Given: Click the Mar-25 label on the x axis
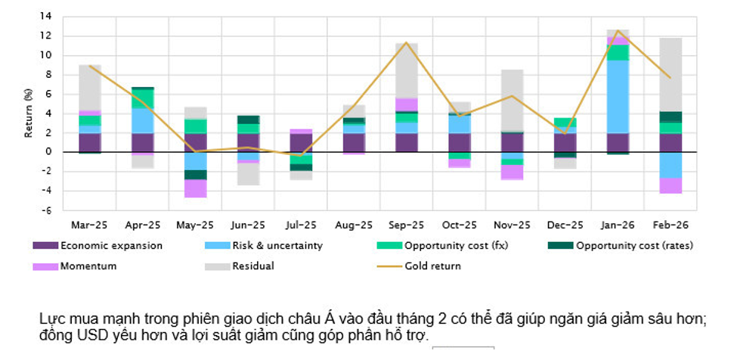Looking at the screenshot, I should pyautogui.click(x=90, y=225).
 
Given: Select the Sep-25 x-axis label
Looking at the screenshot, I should pyautogui.click(x=406, y=225).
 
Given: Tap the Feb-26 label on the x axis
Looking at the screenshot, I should pyautogui.click(x=669, y=225).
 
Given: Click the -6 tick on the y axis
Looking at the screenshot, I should pyautogui.click(x=47, y=210).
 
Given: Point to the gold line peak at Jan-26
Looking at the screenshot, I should pyautogui.click(x=618, y=31).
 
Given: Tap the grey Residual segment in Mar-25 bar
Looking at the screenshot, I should pyautogui.click(x=90, y=88).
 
